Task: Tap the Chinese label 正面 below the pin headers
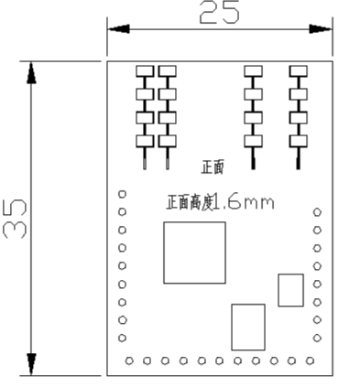[213, 167]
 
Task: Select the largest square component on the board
[194, 252]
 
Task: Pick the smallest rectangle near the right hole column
[290, 290]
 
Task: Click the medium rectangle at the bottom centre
[248, 327]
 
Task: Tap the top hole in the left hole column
[122, 193]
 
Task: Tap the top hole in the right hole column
[317, 211]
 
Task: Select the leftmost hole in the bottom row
[129, 360]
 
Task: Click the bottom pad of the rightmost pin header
[298, 141]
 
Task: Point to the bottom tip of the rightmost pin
[298, 167]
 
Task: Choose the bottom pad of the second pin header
[167, 141]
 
